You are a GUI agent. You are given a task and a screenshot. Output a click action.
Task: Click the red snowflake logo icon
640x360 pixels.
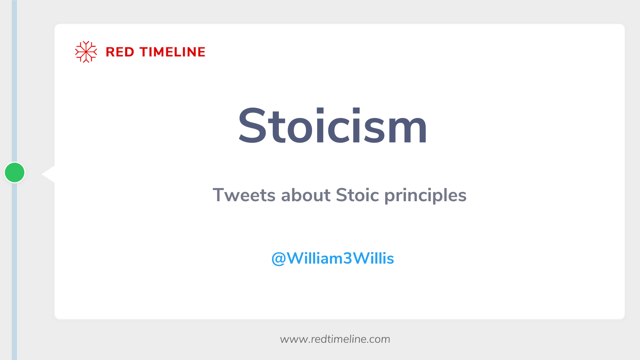86,52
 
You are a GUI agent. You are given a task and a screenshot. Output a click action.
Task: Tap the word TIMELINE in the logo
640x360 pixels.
172,52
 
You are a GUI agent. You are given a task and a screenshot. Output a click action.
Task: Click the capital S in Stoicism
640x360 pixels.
253,126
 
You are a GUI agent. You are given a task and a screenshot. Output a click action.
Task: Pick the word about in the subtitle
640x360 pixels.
306,196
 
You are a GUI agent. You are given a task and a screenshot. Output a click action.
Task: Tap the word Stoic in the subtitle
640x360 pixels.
357,196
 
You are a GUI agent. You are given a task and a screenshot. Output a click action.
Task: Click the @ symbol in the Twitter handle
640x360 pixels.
279,259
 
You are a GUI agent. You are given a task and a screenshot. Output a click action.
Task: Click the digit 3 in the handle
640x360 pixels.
347,259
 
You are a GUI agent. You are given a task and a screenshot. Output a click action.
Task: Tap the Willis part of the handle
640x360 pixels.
374,258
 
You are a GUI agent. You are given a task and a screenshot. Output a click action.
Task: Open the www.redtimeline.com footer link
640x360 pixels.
335,339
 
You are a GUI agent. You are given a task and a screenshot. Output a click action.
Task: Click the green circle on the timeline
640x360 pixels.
15,172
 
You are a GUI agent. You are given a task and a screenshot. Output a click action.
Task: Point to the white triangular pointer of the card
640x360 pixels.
49,174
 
